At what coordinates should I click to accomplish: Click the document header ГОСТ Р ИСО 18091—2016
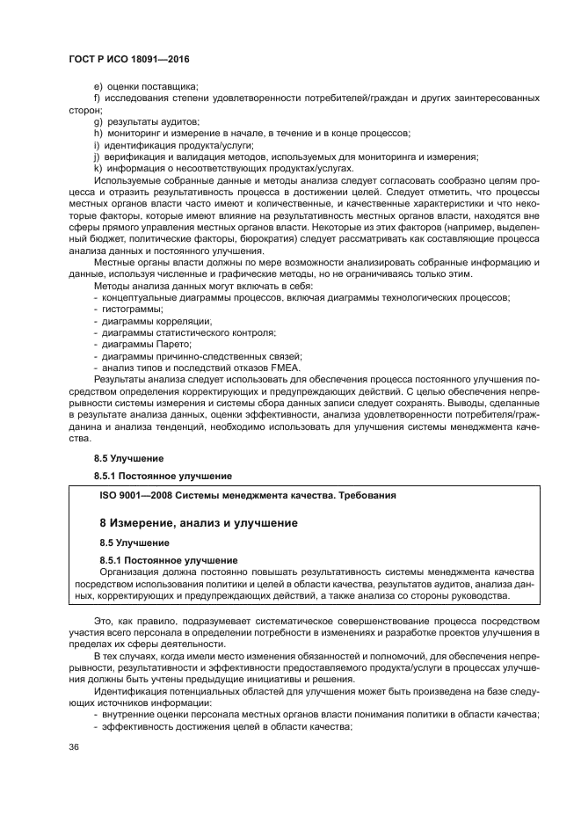pos(128,60)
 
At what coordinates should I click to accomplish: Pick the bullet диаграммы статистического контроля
pos(185,332)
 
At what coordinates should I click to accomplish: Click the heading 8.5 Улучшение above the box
pos(128,458)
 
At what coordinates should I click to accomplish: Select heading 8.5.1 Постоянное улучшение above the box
pos(163,476)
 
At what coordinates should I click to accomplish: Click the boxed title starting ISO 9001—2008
pos(248,495)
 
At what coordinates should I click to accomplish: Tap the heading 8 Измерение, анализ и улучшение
pos(198,523)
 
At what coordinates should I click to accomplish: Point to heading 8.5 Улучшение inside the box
pos(134,543)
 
